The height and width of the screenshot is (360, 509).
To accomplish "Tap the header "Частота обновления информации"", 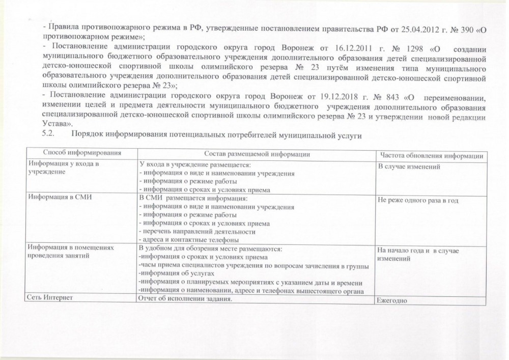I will (430, 155).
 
